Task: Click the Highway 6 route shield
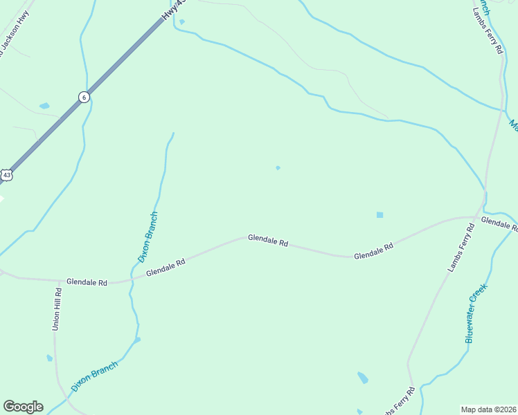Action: [84, 97]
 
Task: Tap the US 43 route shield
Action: [6, 175]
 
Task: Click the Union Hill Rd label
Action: [58, 309]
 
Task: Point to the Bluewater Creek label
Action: [477, 313]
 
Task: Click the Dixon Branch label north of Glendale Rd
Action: [149, 237]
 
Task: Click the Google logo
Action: [23, 407]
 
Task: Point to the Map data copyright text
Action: [489, 409]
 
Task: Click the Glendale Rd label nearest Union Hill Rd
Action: [87, 282]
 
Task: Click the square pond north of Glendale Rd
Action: [379, 214]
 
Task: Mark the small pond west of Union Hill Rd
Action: [49, 358]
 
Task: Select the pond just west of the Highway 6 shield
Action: [44, 106]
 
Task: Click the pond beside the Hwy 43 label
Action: [181, 21]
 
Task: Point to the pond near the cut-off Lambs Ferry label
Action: [362, 378]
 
